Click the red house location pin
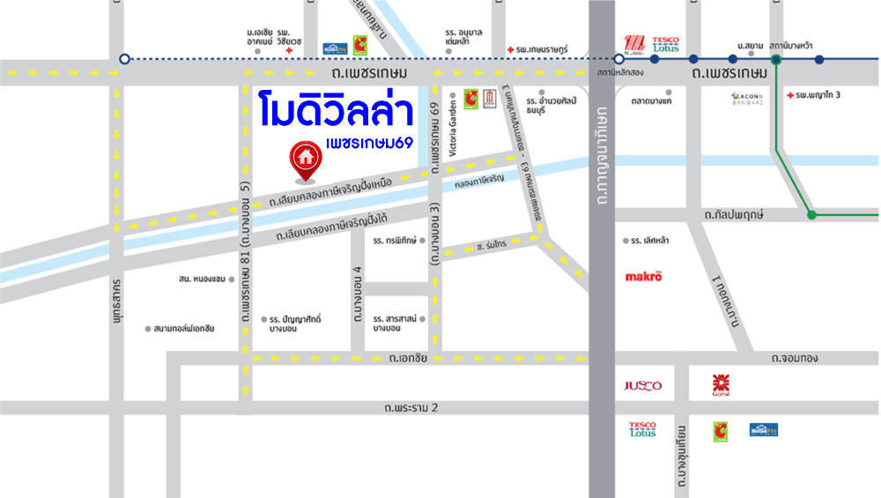coord(305,160)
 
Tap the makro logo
coord(643,276)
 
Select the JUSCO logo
coord(641,386)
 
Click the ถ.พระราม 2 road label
coord(411,408)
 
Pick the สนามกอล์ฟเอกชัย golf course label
coord(184,329)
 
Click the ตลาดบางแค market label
coord(652,101)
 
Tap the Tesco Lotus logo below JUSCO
coord(642,429)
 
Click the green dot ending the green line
coord(811,214)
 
